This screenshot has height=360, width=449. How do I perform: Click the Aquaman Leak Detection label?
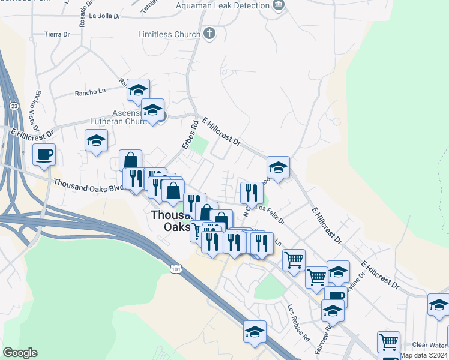[x=223, y=5]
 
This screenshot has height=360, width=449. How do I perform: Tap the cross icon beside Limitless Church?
[x=209, y=34]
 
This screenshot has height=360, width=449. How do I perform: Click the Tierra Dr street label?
[x=57, y=34]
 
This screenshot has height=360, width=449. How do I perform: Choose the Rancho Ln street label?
[x=89, y=93]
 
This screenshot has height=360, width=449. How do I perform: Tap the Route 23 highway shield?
[x=13, y=106]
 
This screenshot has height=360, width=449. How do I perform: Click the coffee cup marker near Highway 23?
[x=44, y=155]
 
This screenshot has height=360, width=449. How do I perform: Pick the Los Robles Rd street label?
[x=297, y=319]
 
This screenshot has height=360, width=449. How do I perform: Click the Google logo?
[x=20, y=353]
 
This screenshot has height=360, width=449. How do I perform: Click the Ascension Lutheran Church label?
[x=123, y=117]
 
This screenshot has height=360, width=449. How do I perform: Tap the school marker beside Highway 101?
[x=255, y=332]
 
